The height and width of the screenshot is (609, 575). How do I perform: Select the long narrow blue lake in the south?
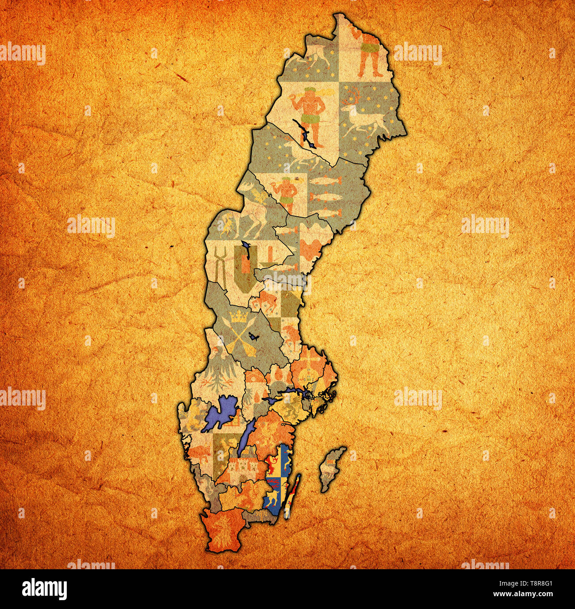[x=246, y=437]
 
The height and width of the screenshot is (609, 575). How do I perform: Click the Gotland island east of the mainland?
[x=332, y=469]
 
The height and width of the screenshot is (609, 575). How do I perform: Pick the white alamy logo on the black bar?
[x=45, y=589]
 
